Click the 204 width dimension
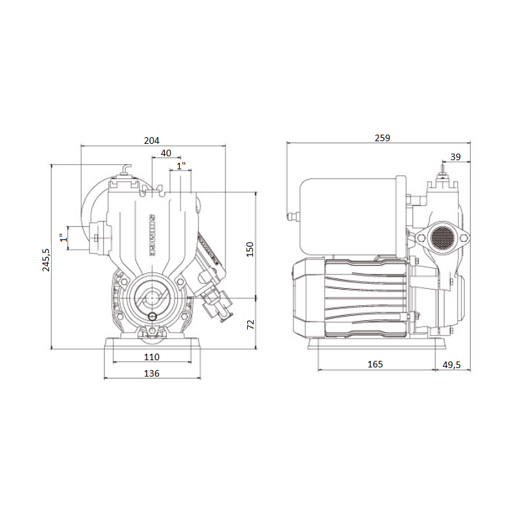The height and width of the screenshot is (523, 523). coord(152,141)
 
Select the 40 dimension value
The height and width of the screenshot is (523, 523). coord(165,152)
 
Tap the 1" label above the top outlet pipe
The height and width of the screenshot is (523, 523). coord(182,166)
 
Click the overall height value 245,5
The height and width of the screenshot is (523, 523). coord(46,260)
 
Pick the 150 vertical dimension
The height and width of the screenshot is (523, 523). coord(250,248)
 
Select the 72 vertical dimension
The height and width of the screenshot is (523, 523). coord(250,324)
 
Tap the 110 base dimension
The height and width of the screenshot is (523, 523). coord(152,357)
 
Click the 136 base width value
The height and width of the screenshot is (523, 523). coord(152,373)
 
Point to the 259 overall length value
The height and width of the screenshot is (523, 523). coord(382,138)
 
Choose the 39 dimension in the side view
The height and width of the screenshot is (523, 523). coord(456,156)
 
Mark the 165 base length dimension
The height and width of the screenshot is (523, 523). coord(375,364)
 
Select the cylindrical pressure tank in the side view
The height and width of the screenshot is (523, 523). coord(350,216)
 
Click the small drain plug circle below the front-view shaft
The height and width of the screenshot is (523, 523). coord(153,316)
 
